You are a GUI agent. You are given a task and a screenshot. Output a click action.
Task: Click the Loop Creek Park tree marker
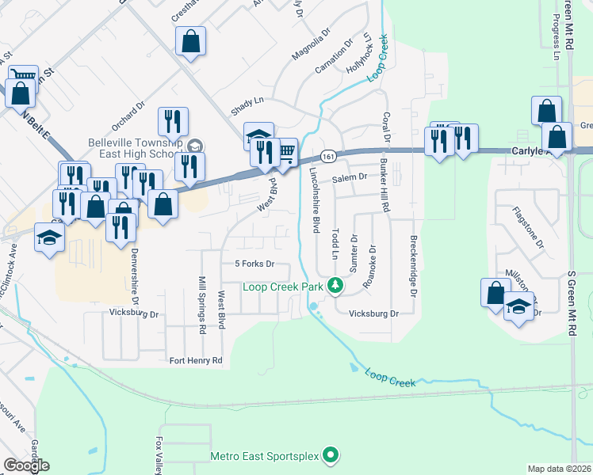click(x=335, y=285)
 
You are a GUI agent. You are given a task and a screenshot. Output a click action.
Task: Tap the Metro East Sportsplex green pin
click(x=332, y=455)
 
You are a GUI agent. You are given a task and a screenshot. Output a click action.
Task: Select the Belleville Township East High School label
click(x=136, y=148)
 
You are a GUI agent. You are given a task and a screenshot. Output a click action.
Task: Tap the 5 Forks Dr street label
click(x=254, y=264)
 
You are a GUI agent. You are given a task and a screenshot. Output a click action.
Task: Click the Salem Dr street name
click(x=350, y=178)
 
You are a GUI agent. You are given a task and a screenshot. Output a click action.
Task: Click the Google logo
click(x=26, y=465)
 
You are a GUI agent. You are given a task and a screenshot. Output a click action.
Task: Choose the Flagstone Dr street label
click(x=539, y=230)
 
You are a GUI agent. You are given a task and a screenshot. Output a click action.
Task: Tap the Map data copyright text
click(x=559, y=469)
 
